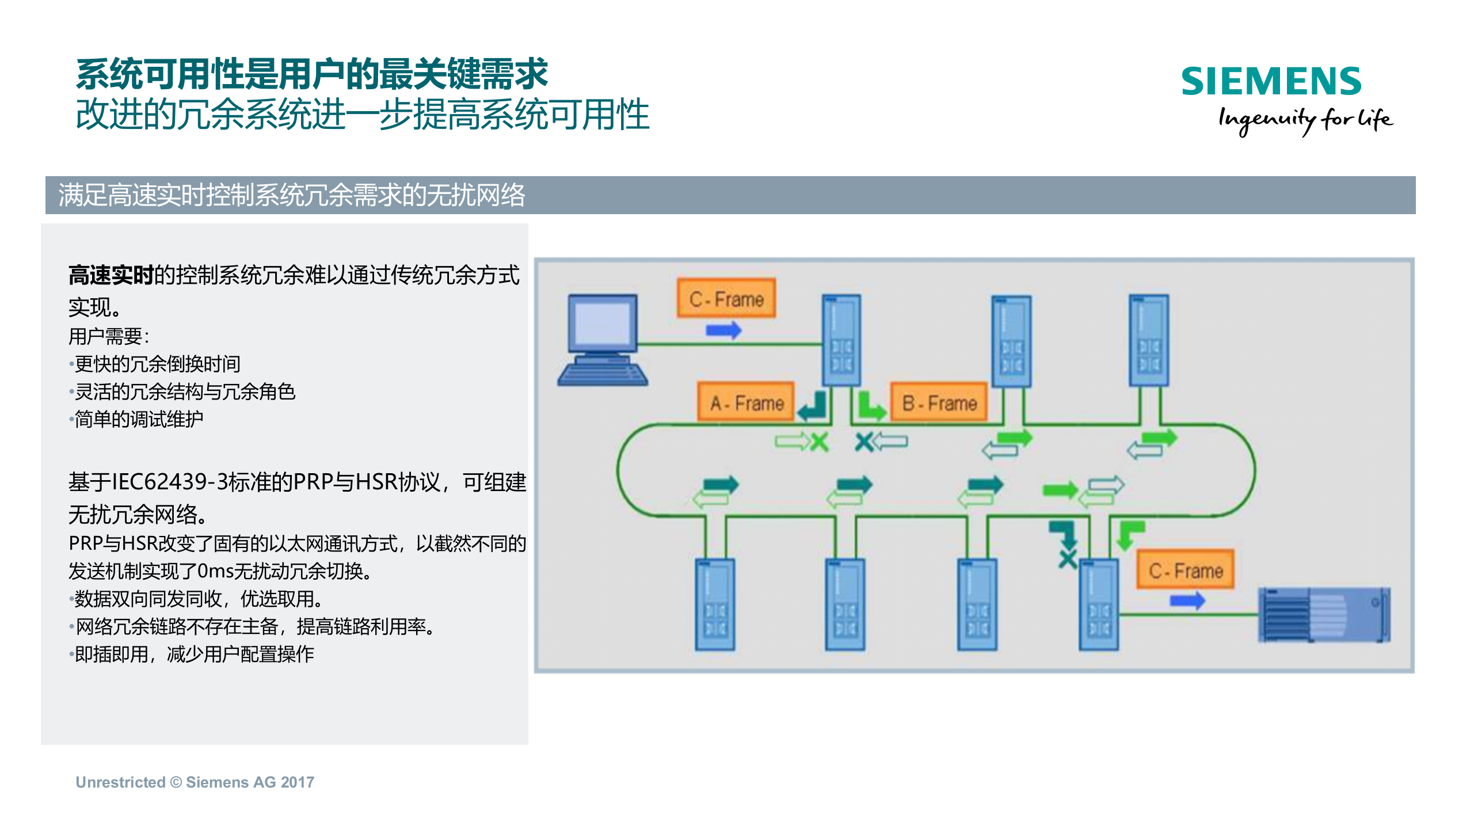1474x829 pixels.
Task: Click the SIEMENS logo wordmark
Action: click(1271, 81)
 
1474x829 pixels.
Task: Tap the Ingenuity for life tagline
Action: click(1305, 120)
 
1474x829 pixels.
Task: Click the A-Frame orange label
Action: click(746, 402)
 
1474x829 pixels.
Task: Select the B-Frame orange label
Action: click(939, 402)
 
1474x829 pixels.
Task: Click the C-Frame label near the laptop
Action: click(726, 299)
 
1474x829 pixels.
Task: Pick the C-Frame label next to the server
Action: click(1185, 571)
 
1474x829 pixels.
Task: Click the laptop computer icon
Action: click(603, 340)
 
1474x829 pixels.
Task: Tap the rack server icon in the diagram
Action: click(1324, 614)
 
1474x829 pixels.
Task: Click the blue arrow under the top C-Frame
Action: click(723, 330)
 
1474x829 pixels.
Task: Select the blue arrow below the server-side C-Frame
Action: click(1187, 601)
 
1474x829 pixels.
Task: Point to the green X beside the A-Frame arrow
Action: click(819, 442)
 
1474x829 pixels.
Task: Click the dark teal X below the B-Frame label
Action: click(863, 442)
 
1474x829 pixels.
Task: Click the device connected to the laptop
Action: click(841, 340)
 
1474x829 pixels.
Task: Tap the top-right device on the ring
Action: click(1148, 340)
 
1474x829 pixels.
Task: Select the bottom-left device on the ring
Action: click(714, 604)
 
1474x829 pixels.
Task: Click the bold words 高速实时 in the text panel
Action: click(111, 275)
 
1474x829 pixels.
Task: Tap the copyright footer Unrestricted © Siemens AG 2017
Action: click(195, 782)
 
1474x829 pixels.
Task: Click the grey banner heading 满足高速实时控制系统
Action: click(291, 195)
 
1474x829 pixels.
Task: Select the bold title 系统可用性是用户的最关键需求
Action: click(311, 75)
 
